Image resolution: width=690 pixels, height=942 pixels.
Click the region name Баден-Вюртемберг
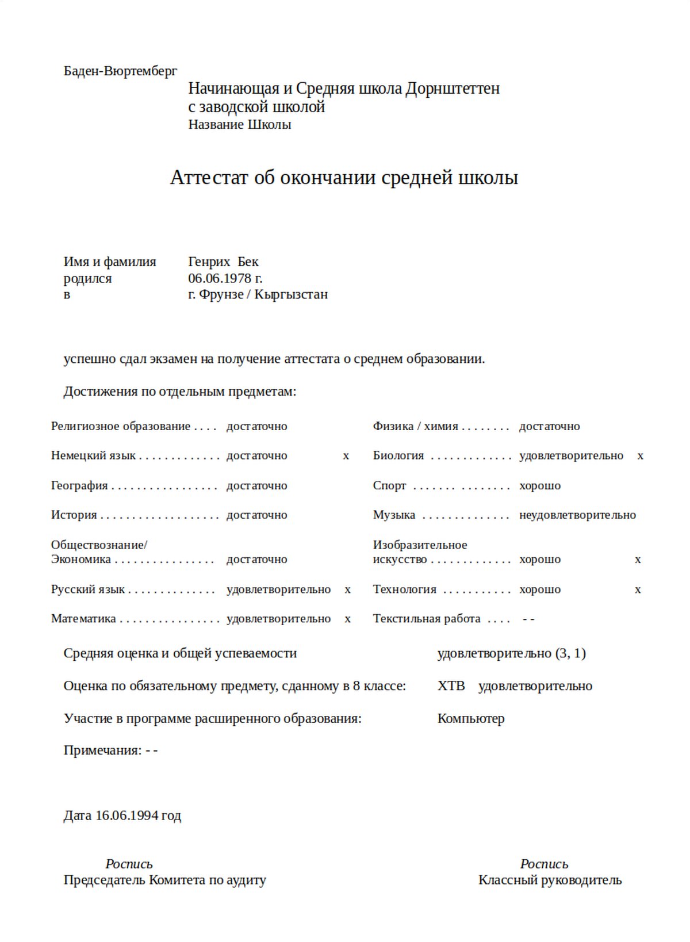click(x=120, y=71)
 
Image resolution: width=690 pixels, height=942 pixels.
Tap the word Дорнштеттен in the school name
click(x=453, y=89)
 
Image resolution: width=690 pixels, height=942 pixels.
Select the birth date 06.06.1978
click(x=220, y=278)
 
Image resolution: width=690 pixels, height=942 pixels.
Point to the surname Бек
click(x=248, y=262)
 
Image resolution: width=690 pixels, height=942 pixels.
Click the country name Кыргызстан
click(x=291, y=294)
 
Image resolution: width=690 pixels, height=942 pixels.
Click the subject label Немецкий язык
click(x=93, y=455)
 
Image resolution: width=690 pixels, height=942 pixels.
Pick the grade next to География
click(x=256, y=485)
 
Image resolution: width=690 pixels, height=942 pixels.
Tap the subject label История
click(x=74, y=515)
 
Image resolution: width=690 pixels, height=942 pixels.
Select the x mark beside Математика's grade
click(x=347, y=619)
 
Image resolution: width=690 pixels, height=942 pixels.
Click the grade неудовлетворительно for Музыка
click(x=577, y=515)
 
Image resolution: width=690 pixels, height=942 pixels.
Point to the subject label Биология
click(x=398, y=455)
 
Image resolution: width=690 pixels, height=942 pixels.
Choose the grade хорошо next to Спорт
click(x=539, y=485)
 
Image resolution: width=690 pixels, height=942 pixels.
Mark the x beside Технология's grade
click(x=638, y=589)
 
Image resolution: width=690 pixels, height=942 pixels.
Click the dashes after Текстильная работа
click(x=528, y=619)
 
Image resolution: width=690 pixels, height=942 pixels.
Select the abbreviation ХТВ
click(x=451, y=686)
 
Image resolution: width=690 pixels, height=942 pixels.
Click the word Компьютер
click(x=471, y=718)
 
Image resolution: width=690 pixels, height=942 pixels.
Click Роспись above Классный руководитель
click(x=544, y=864)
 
